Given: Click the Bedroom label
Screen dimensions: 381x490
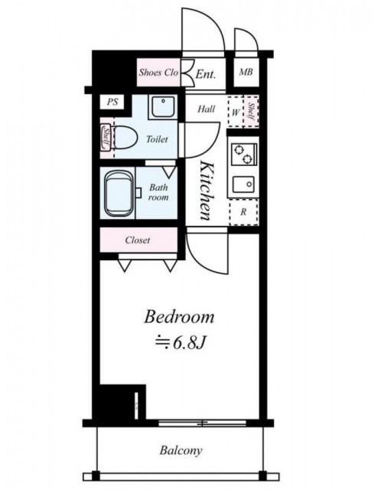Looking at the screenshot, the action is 179,317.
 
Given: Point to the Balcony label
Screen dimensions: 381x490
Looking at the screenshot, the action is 181,450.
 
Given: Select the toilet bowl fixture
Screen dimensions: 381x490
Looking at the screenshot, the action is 124,138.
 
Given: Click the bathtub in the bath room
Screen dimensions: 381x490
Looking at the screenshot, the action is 119,193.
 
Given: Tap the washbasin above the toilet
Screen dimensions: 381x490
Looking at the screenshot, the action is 163,106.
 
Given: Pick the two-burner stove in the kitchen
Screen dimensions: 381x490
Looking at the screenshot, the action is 244,155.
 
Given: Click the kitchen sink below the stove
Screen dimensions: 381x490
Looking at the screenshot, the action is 243,185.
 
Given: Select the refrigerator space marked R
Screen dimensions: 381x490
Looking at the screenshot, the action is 243,212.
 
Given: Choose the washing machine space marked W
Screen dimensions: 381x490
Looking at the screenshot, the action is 236,112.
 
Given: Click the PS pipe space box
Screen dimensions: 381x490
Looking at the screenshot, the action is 112,102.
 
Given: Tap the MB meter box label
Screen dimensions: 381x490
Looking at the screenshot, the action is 246,72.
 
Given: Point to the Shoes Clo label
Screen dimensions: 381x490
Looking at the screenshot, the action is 158,73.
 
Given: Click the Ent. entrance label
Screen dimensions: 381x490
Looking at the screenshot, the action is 206,74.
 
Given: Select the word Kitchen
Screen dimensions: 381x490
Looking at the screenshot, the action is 207,191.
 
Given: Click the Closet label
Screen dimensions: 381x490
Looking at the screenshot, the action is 138,240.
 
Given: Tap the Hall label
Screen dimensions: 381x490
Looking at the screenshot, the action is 207,109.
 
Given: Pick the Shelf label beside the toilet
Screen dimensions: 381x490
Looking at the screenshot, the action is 106,138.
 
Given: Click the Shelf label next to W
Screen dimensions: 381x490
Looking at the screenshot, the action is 251,111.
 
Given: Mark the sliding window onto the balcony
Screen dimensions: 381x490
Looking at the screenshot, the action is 203,423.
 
